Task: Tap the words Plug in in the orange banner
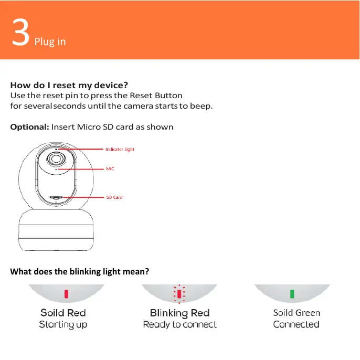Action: pos(50,41)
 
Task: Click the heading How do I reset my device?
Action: pos(69,85)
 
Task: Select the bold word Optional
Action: pos(29,127)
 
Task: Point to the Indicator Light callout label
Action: pos(120,150)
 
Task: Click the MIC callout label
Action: pos(110,169)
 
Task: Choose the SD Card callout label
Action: pos(114,197)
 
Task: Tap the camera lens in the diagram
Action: pos(55,159)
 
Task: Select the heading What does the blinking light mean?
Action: pos(80,271)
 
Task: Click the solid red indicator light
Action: pos(66,293)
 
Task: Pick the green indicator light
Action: pos(292,293)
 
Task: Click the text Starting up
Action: pos(63,325)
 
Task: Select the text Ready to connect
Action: pos(179,325)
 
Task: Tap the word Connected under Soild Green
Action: pos(296,325)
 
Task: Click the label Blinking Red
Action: pos(179,313)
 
